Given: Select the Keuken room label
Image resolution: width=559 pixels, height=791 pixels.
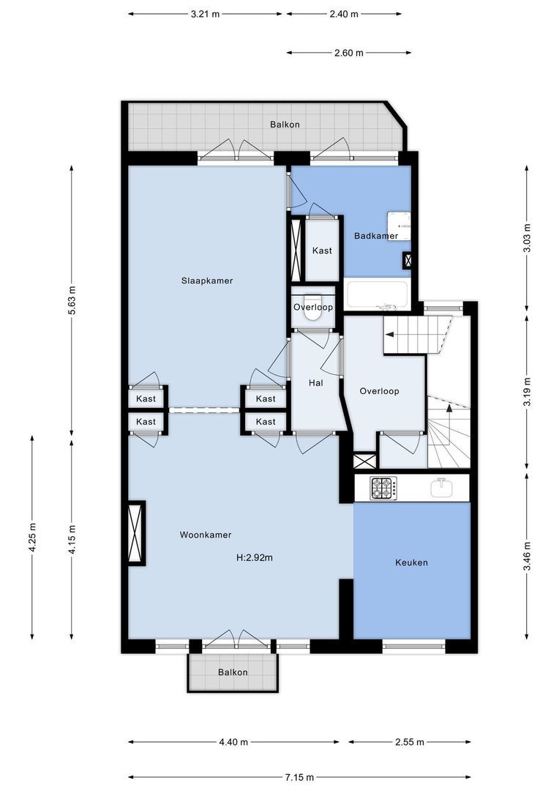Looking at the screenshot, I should coord(410,562).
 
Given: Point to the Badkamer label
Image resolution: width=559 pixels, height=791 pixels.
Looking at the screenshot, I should coord(375,236).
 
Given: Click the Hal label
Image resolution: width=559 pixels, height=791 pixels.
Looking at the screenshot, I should coord(315,382).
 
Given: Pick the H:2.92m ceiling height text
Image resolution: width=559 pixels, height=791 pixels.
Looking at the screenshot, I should coord(255,557).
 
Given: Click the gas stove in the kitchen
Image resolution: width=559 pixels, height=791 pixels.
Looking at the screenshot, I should coord(383,488).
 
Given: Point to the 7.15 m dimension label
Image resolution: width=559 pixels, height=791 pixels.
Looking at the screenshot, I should coord(300,777).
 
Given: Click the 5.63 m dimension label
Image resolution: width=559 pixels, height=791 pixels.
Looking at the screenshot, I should coord(72,298).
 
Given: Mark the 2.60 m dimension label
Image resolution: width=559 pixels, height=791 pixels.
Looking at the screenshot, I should coord(348,53).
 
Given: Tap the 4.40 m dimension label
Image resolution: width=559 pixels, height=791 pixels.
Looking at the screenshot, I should coord(233,742).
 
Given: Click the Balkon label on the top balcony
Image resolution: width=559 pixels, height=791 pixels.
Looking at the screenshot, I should coord(285,125).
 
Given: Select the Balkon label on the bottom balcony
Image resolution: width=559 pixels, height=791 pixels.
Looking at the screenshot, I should coord(233,672).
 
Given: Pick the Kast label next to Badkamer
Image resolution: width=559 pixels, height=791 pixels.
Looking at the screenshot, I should coord(322,250).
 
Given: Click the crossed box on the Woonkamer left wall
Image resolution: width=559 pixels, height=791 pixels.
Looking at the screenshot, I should coord(136,532).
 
